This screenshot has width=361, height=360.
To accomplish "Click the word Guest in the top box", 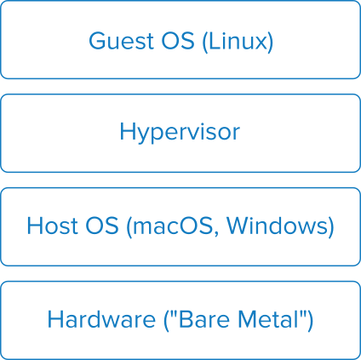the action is (x=121, y=41).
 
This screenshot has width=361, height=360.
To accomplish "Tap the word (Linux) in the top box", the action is (x=238, y=42).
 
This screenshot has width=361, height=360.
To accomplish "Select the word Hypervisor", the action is (x=180, y=133).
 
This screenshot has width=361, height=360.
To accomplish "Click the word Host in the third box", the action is (x=53, y=226).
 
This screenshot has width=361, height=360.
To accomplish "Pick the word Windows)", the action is (x=280, y=227).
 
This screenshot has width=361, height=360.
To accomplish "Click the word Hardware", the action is (x=101, y=319).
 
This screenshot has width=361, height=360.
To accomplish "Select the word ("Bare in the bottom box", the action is (x=197, y=320).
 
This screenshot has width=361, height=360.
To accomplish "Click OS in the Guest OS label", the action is (x=178, y=41).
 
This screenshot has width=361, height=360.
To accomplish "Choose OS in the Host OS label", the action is (x=102, y=226).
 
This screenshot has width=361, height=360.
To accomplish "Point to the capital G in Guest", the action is (x=98, y=41).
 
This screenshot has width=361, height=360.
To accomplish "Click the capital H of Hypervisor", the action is (x=127, y=131).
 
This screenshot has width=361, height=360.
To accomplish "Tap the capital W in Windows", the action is (x=238, y=226).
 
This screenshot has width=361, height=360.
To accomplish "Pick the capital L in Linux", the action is (x=215, y=41).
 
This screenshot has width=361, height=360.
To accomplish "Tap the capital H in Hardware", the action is (x=54, y=319).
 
